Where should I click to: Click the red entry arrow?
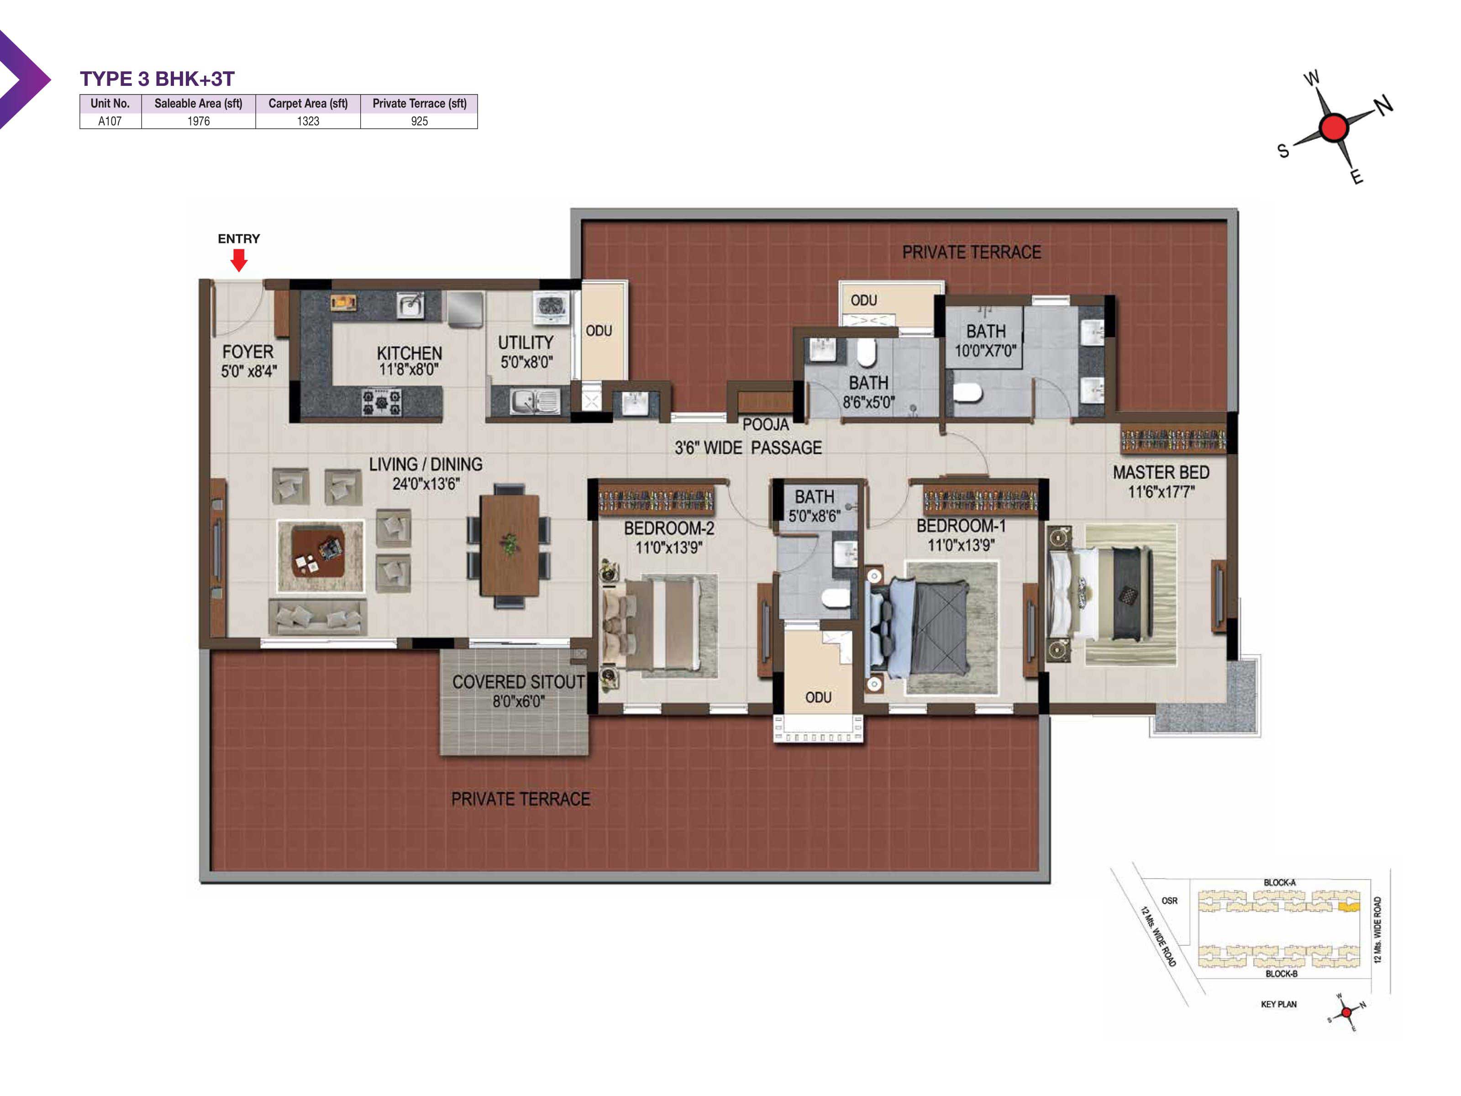point(239,260)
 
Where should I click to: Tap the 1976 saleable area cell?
point(198,121)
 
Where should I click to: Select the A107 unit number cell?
point(110,121)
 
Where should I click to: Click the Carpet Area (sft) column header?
point(308,104)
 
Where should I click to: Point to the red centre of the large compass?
point(1334,127)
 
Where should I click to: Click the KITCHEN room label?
point(410,353)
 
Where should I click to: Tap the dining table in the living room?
point(509,546)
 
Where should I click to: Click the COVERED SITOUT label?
point(519,682)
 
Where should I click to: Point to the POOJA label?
point(766,425)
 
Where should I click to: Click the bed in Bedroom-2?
point(651,624)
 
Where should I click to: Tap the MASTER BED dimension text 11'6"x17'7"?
point(1161,491)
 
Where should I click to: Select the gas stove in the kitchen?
point(382,402)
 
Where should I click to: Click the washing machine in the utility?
point(551,309)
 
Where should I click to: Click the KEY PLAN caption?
point(1279,1004)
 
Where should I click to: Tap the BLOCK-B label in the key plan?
point(1282,974)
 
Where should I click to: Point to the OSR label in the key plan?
point(1169,901)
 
